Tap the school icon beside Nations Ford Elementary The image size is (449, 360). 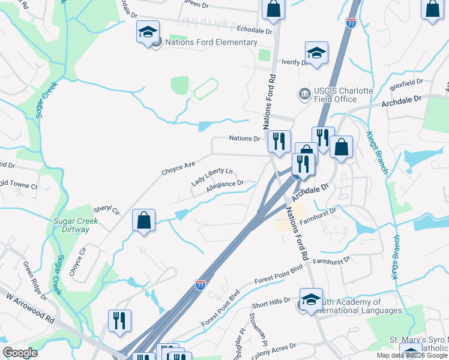pyautogui.click(x=147, y=34)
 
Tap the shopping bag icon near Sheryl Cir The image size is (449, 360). pyautogui.click(x=144, y=220)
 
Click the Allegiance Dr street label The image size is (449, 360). pyautogui.click(x=225, y=187)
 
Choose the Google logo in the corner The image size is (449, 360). pyautogui.click(x=20, y=352)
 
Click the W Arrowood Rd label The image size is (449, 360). pyautogui.click(x=29, y=307)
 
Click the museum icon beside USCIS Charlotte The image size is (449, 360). pyautogui.click(x=304, y=94)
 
